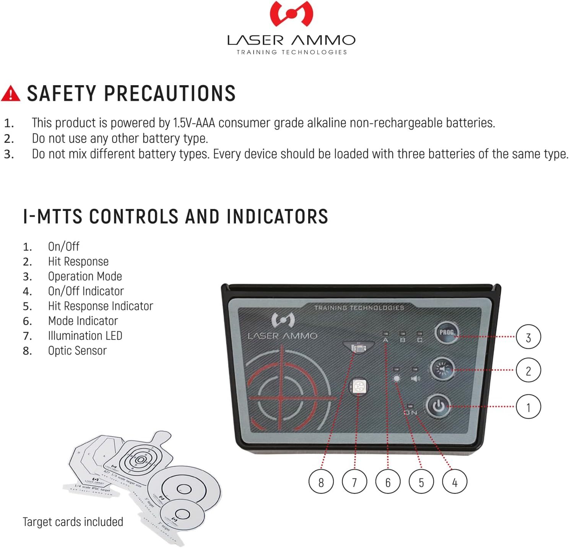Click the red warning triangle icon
point(11,94)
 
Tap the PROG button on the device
point(446,332)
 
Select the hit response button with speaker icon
point(442,369)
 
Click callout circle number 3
point(528,337)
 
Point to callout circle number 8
point(321,482)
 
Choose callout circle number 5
point(421,482)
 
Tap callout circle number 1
point(528,407)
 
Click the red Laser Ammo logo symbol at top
point(291,14)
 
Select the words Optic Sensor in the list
point(77,350)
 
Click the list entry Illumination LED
point(85,336)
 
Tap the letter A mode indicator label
point(385,340)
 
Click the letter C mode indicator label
point(420,340)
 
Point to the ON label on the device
point(411,413)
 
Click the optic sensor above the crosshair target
point(359,348)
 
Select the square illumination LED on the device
point(359,386)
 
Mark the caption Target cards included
point(73,522)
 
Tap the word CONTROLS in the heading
point(134,216)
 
